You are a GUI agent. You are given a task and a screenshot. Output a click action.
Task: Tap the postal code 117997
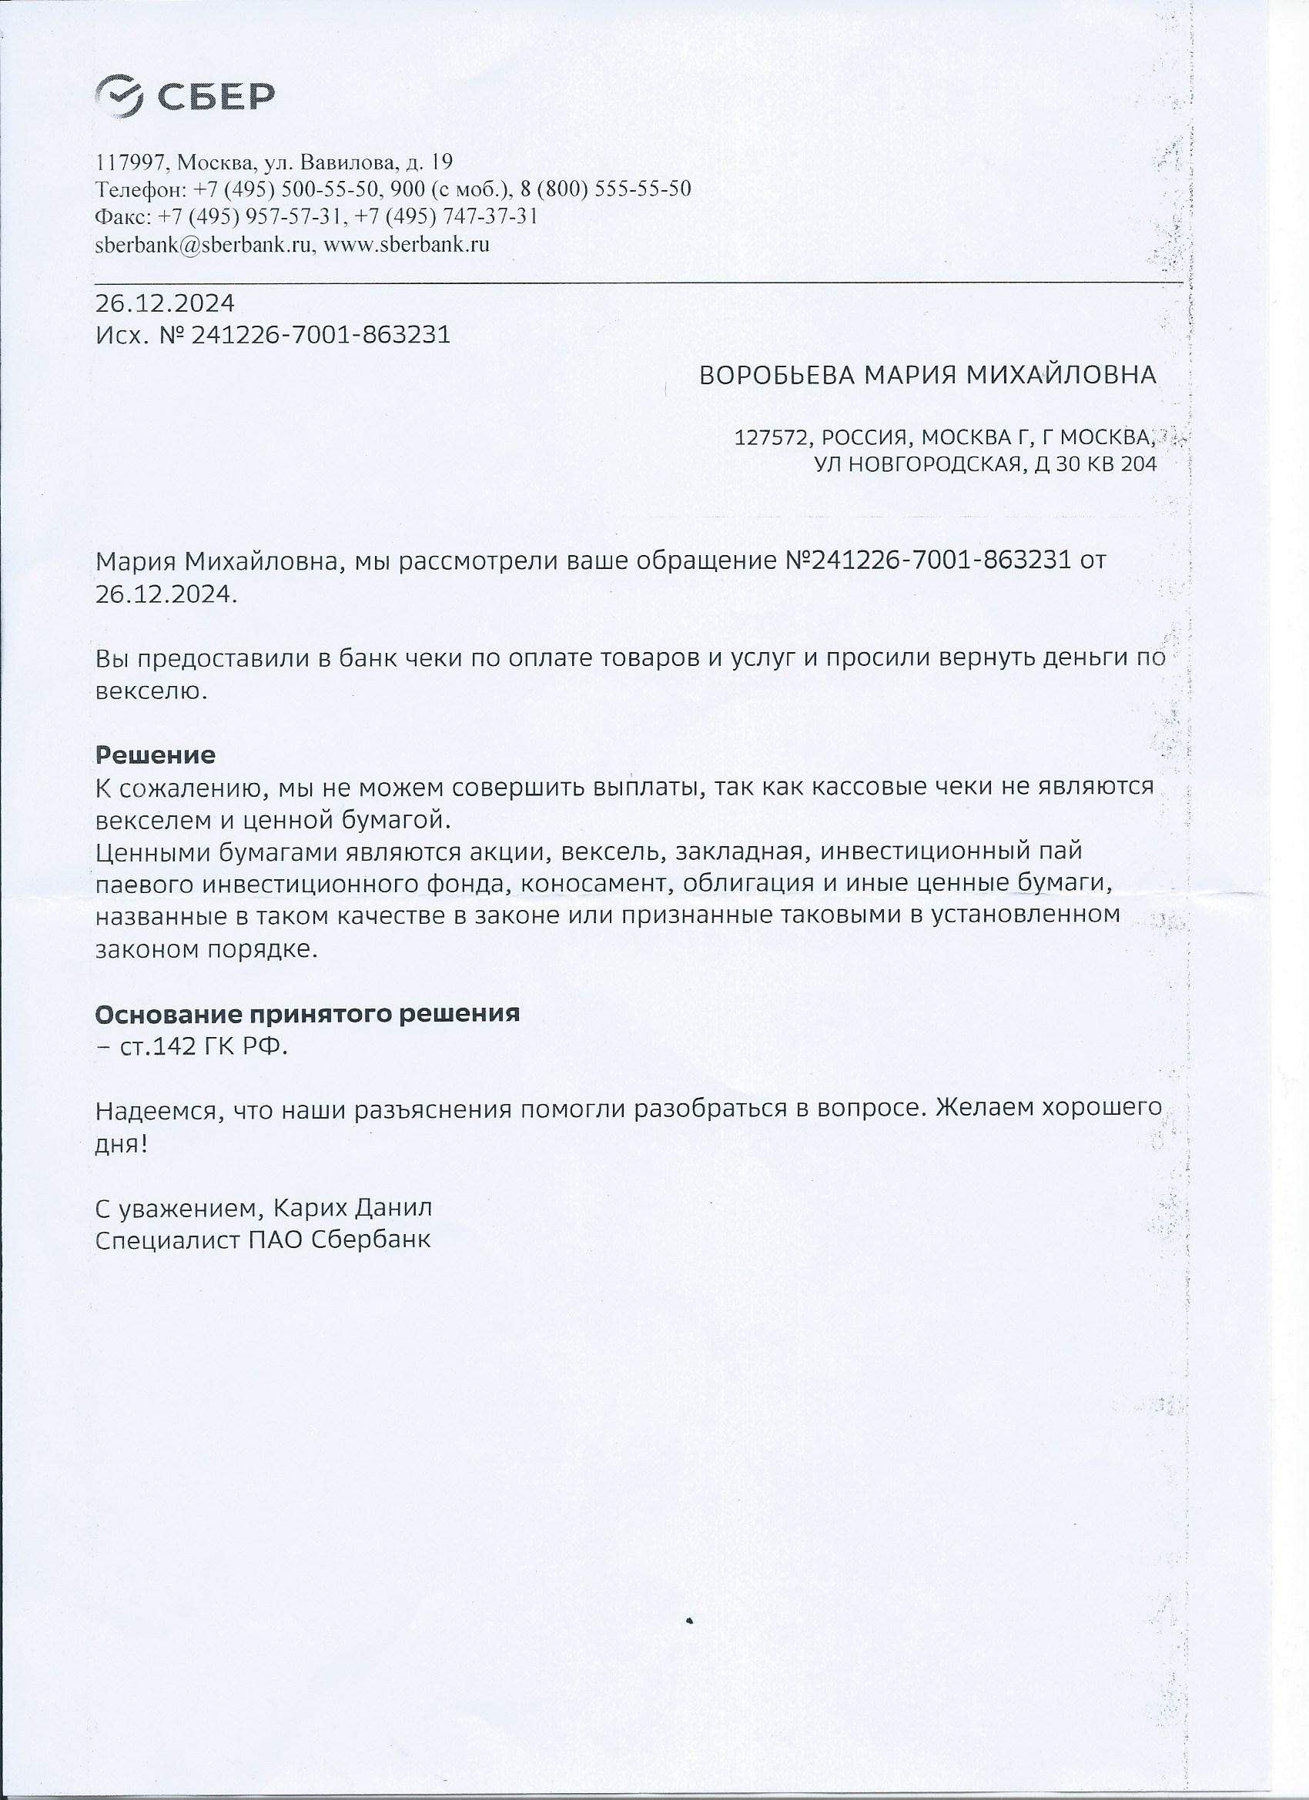[x=130, y=162]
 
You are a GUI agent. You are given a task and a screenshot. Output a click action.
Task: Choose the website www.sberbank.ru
[x=406, y=243]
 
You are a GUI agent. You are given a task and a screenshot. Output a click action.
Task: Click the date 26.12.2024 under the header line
[x=164, y=303]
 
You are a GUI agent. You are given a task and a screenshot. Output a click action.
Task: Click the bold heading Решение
[x=155, y=754]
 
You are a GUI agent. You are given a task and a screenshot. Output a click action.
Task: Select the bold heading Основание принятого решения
[x=307, y=1014]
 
